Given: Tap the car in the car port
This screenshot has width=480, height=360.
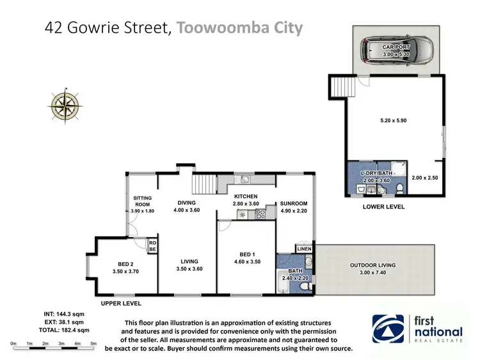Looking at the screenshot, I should [x=395, y=49].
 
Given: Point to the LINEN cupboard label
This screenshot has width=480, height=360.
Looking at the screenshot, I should [x=303, y=248].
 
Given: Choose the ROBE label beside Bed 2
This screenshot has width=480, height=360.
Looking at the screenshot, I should [x=152, y=246].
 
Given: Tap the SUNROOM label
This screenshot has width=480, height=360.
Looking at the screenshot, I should [x=294, y=204].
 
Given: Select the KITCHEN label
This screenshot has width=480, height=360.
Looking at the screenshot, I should [x=246, y=196].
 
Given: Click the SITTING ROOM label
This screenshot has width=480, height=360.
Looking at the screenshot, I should [x=142, y=201].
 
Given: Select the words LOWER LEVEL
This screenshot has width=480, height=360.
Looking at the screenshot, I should [x=383, y=207].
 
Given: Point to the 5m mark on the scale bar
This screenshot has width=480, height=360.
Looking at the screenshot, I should [x=93, y=344].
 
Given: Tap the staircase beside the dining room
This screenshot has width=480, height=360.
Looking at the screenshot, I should [x=202, y=182].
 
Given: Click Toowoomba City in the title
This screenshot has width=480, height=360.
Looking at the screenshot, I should [x=239, y=28].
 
